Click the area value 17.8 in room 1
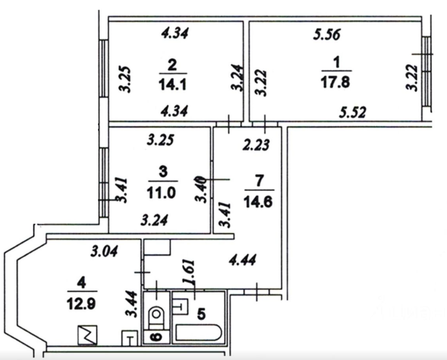point(335,83)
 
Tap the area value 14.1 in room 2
point(172,84)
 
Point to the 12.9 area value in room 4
point(82,304)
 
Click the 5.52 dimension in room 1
point(352,112)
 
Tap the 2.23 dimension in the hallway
point(256,145)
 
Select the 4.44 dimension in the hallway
point(243,260)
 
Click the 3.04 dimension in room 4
point(104,251)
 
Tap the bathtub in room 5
point(199,333)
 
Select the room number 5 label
point(202,314)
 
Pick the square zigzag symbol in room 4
point(87,335)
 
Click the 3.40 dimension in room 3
point(201,189)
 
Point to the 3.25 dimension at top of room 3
point(160,140)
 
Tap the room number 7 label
point(259,182)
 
